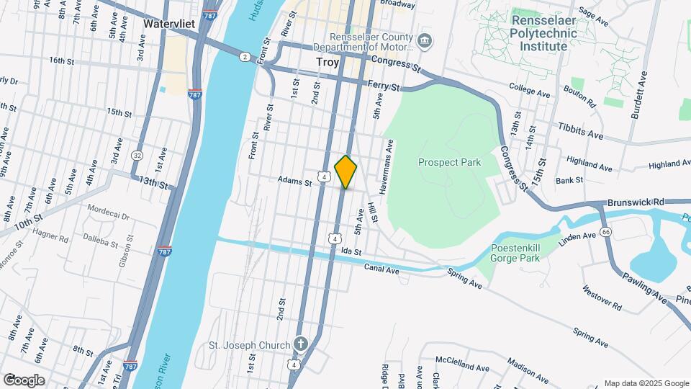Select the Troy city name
pyautogui.click(x=328, y=63)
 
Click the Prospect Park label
pyautogui.click(x=449, y=163)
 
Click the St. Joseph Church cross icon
pyautogui.click(x=301, y=345)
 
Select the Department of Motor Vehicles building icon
pyautogui.click(x=425, y=41)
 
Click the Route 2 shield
pyautogui.click(x=245, y=56)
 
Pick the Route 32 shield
pyautogui.click(x=137, y=155)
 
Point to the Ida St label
pyautogui.click(x=351, y=251)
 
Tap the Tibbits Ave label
pyautogui.click(x=579, y=130)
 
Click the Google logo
pyautogui.click(x=23, y=380)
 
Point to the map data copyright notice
pyautogui.click(x=646, y=383)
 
